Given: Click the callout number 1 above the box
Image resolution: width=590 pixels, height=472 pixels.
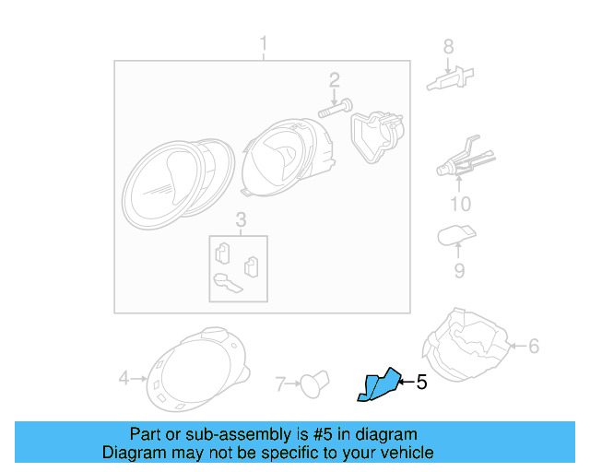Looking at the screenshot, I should coord(263,43).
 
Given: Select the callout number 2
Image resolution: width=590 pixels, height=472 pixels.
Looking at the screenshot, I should coord(334,80).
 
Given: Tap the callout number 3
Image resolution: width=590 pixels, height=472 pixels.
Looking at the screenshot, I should coord(241,219).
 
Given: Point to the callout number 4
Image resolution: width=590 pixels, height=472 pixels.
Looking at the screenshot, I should coord(124,377).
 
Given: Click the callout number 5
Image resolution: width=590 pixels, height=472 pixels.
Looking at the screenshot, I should coord(422,381).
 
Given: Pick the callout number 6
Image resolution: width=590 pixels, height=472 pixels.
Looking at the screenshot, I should coord(533,347).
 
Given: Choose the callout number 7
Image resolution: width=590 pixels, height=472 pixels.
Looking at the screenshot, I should coord(283,381).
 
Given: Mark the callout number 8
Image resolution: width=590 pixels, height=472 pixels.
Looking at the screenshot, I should coord(449,46).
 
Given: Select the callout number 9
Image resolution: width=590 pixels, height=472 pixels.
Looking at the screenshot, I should coord(459,270).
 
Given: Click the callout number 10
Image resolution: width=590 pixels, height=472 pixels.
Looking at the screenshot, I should coord(459,204).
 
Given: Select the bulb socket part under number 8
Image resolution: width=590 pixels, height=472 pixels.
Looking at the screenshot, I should coord(448,80).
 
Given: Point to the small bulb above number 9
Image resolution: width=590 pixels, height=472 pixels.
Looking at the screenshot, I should coord(455,236).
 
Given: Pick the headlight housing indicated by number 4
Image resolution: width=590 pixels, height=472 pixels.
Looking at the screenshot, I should coord(196,370).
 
